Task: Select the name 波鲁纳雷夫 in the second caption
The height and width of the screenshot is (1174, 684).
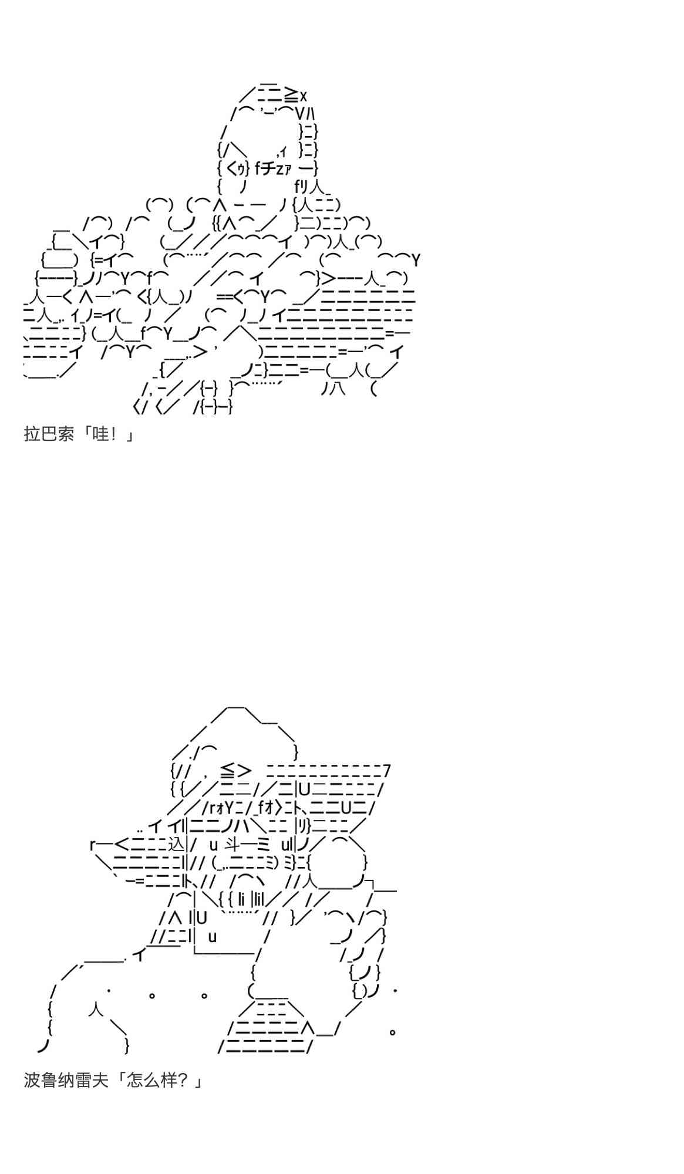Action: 66,1080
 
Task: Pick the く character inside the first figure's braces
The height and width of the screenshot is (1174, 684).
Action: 231,169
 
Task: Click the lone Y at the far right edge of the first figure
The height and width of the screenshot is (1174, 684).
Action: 416,259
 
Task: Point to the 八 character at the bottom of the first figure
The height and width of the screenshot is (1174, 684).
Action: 337,389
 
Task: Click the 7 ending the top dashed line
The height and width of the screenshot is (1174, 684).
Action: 386,770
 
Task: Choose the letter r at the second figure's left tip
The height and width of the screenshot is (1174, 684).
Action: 92,844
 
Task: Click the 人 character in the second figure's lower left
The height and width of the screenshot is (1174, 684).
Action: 96,1008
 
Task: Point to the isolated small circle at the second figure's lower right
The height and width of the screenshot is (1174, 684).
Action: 392,1031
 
